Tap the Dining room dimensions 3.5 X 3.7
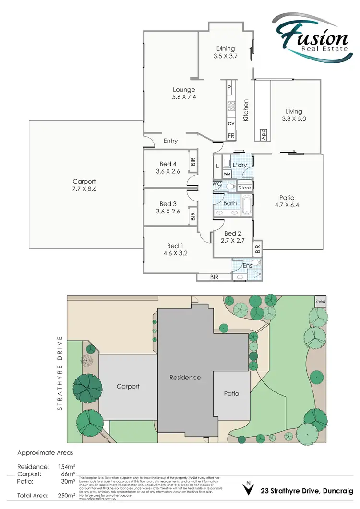(x=225, y=56)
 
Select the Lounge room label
(x=184, y=90)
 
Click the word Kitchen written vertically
(x=246, y=110)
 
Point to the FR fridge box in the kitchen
(x=231, y=136)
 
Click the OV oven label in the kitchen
(x=231, y=123)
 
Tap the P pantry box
(x=229, y=87)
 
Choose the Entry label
(x=170, y=141)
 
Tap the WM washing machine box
(x=227, y=174)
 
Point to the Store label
(x=245, y=188)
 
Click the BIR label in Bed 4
(x=193, y=162)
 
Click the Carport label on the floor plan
(x=84, y=182)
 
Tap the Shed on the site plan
(x=320, y=301)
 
